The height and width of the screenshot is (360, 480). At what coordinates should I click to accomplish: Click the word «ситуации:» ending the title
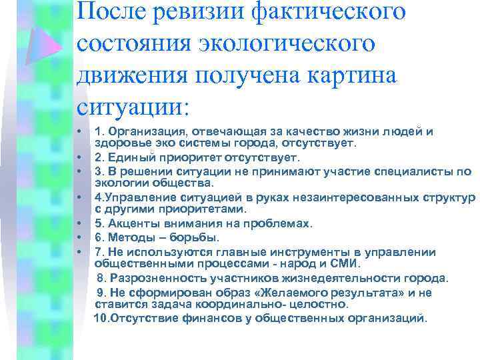(x=133, y=106)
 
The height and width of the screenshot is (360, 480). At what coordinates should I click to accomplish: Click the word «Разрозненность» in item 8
(x=156, y=277)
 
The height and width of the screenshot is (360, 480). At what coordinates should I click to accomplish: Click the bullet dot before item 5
(x=79, y=223)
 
